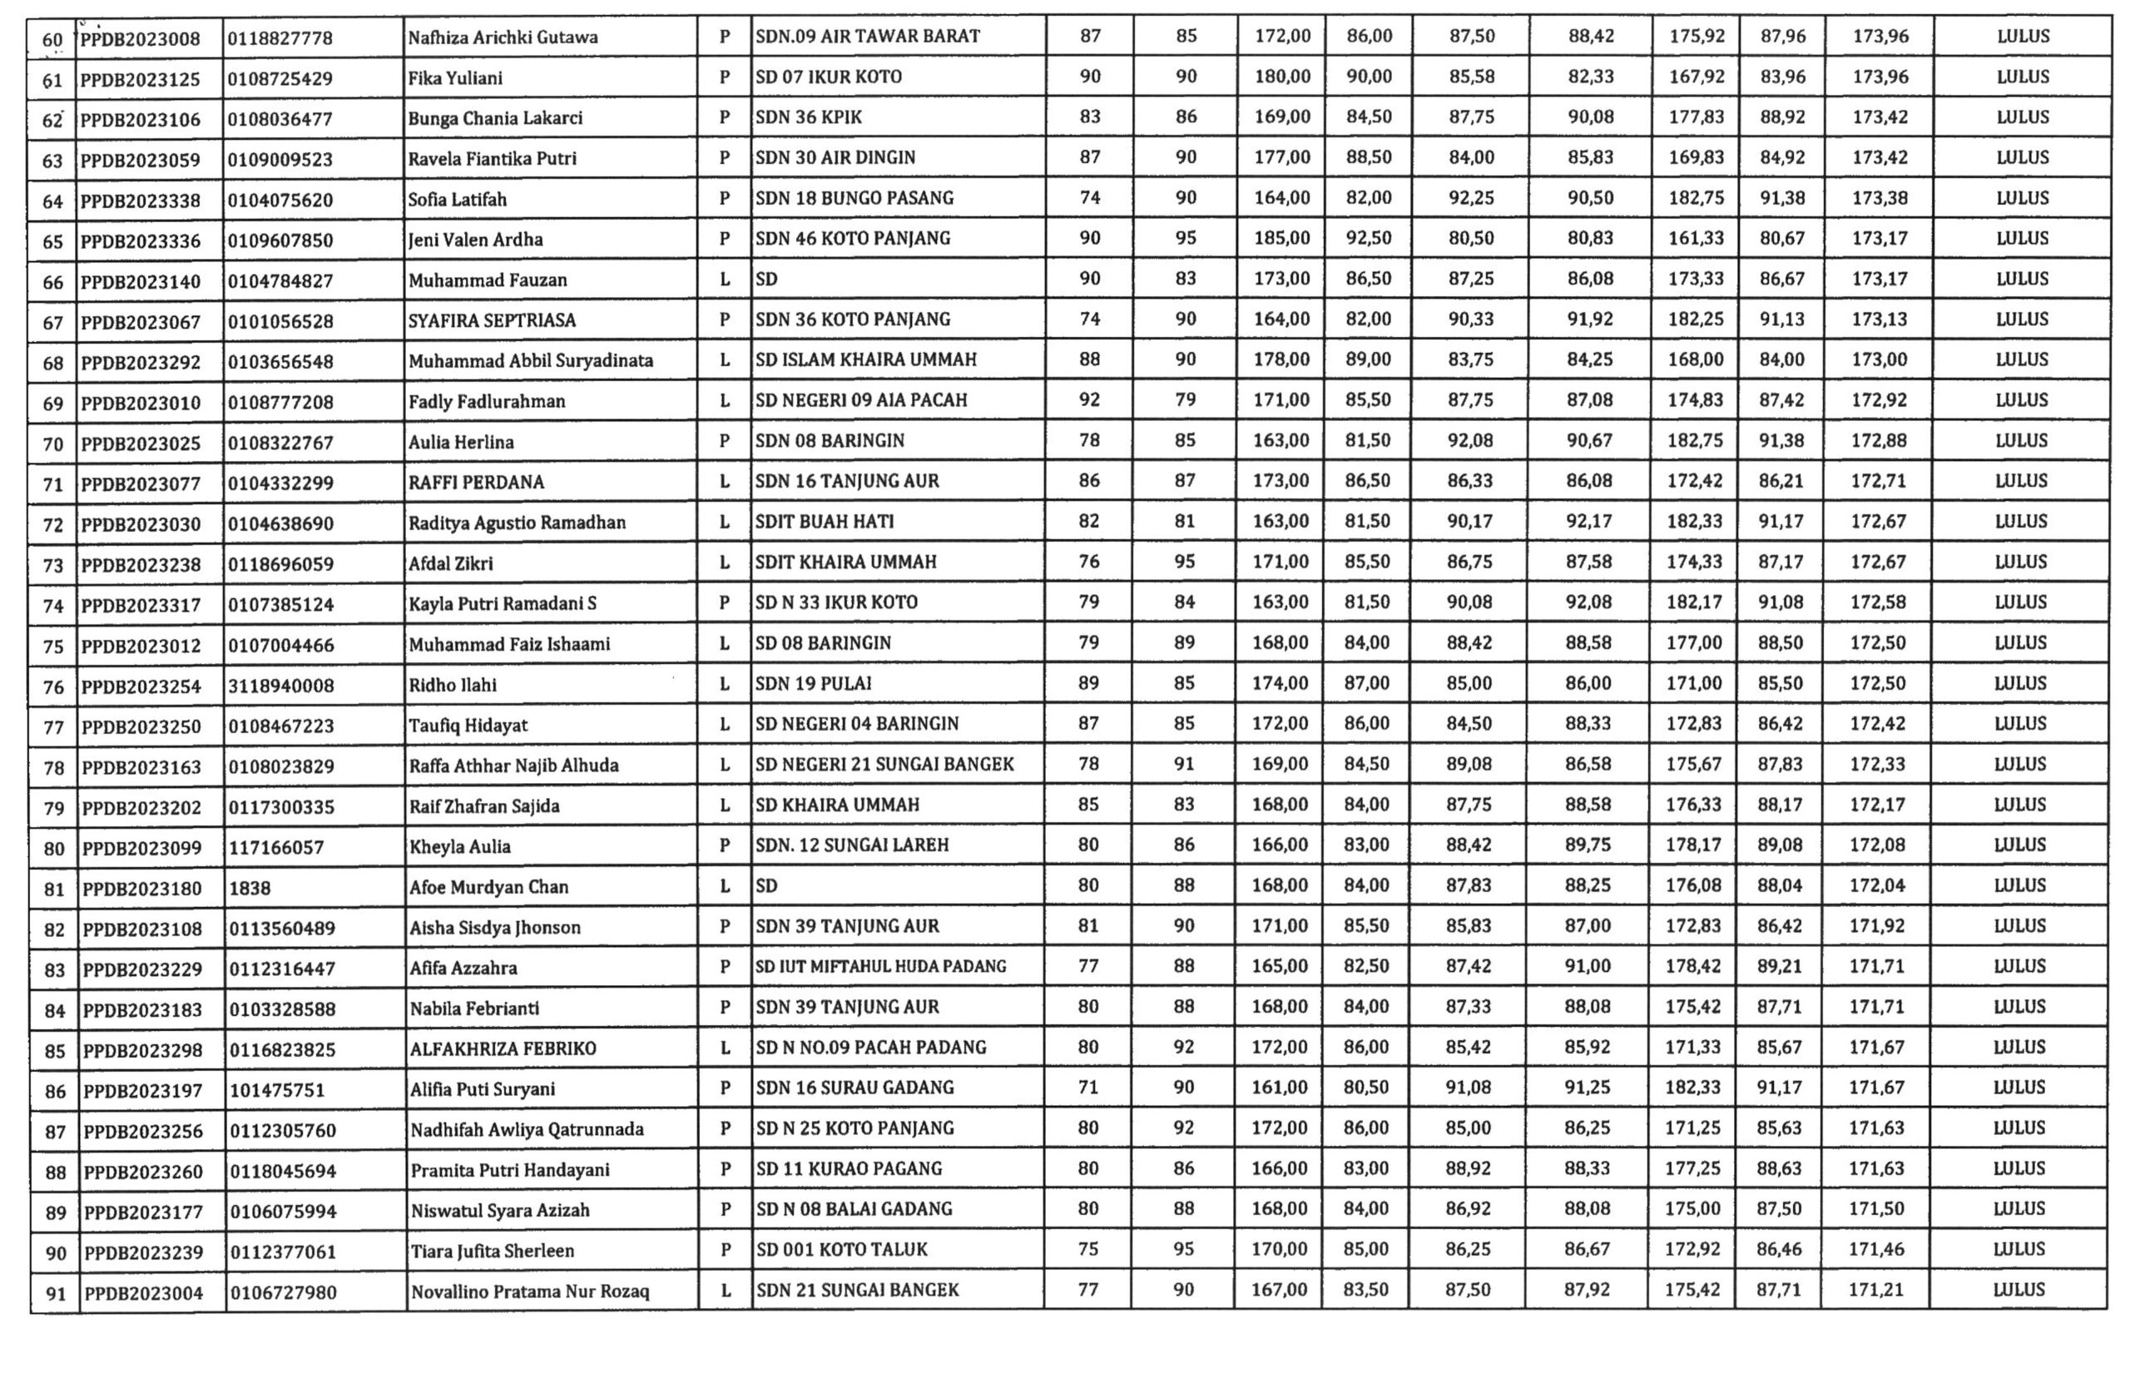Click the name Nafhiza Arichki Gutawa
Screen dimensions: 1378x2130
pyautogui.click(x=503, y=37)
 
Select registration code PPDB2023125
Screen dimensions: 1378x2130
pyautogui.click(x=140, y=79)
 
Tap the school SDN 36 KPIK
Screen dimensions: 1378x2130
pyautogui.click(x=809, y=117)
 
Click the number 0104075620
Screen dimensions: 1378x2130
pyautogui.click(x=280, y=200)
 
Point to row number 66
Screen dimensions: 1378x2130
pyautogui.click(x=52, y=282)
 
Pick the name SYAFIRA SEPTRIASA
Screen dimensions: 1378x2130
pyautogui.click(x=492, y=320)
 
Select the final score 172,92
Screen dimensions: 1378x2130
pyautogui.click(x=1878, y=400)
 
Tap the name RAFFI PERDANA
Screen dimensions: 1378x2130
pyautogui.click(x=476, y=483)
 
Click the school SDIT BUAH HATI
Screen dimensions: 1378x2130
pyautogui.click(x=824, y=522)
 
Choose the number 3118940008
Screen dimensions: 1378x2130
pyautogui.click(x=281, y=686)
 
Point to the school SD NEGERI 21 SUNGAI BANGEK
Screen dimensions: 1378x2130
pyautogui.click(x=884, y=764)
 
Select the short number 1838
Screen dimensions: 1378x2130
pyautogui.click(x=250, y=888)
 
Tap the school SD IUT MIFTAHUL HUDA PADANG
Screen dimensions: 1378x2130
pyautogui.click(x=881, y=966)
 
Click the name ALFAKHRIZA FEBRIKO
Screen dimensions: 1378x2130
pyautogui.click(x=503, y=1048)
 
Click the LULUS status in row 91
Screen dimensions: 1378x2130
pyautogui.click(x=2019, y=1290)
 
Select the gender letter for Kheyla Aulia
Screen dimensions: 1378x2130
pyautogui.click(x=725, y=845)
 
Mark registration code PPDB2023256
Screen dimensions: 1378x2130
pyautogui.click(x=143, y=1131)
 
